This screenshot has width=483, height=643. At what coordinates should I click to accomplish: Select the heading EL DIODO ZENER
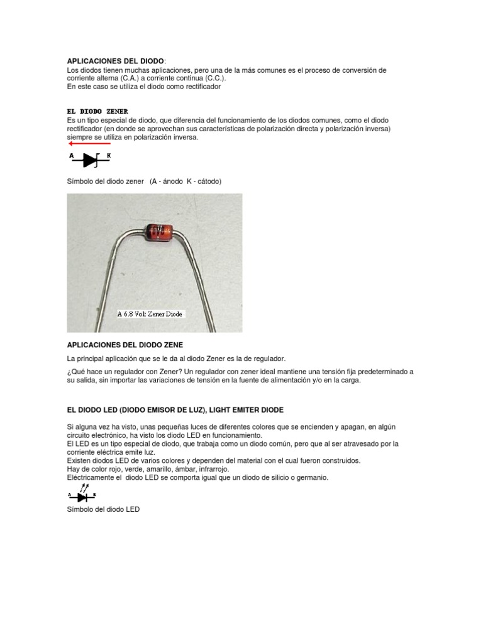click(97, 111)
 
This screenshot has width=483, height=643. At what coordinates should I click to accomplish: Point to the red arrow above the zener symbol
click(89, 144)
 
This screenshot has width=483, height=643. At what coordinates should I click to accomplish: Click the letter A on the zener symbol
click(72, 155)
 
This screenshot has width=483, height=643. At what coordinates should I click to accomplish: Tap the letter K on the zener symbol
click(109, 155)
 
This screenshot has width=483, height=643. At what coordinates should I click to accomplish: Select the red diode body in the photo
click(160, 234)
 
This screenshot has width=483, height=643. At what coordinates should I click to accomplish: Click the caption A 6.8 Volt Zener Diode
click(151, 313)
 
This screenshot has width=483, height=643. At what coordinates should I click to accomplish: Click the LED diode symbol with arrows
click(82, 495)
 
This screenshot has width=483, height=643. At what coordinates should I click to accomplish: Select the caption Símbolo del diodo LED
click(103, 509)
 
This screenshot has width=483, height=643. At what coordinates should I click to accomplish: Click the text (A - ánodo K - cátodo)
click(186, 181)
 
